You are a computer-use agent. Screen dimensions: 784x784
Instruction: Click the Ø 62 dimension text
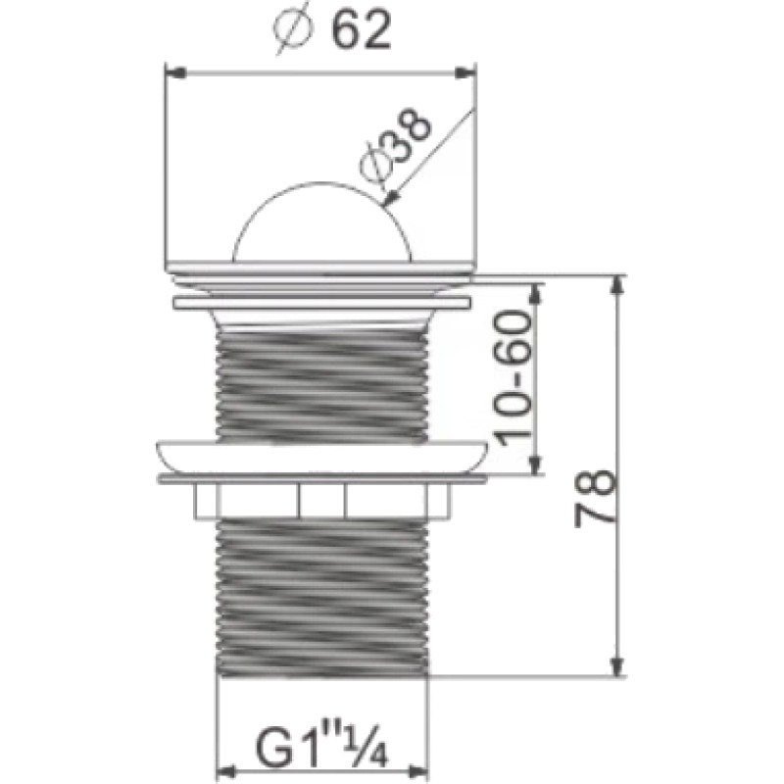point(331,31)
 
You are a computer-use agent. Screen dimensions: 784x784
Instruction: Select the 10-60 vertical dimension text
point(513,379)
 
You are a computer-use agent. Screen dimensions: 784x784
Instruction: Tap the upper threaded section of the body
point(321,385)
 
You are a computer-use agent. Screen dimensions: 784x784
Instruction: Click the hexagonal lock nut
point(321,501)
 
